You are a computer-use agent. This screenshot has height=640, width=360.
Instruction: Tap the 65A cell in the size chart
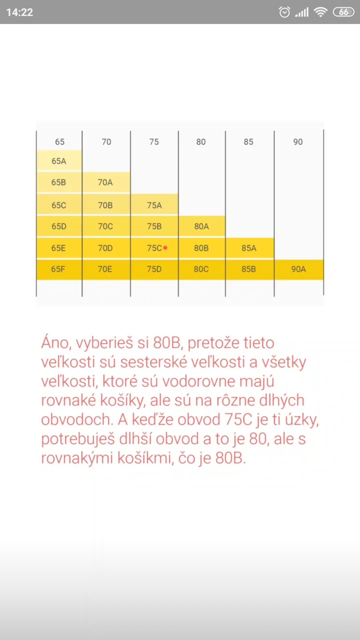click(59, 161)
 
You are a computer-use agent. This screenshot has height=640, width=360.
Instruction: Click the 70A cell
click(106, 182)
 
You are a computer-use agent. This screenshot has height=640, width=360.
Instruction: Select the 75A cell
click(154, 205)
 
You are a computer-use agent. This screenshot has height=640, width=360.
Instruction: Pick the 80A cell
click(202, 226)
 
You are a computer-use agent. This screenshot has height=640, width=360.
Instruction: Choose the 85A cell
click(249, 248)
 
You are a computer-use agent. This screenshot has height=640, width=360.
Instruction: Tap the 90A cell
click(298, 269)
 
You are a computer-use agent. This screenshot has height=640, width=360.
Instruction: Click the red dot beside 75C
click(165, 248)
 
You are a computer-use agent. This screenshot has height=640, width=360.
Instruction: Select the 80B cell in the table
click(201, 248)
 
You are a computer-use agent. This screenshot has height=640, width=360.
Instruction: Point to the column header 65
click(60, 142)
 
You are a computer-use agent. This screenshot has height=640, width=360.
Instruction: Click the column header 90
click(298, 142)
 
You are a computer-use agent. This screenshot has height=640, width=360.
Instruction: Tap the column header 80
click(201, 142)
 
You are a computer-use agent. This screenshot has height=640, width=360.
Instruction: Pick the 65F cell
click(58, 269)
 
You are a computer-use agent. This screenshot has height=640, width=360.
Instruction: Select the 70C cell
click(106, 226)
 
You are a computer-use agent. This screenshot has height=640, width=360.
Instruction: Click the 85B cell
click(249, 269)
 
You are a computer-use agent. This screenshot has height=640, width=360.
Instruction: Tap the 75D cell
click(154, 269)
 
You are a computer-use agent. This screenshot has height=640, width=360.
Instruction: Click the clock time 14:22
click(20, 12)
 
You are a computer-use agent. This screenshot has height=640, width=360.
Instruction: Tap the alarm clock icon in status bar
click(284, 12)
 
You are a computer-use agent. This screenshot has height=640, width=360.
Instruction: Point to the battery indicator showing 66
click(344, 12)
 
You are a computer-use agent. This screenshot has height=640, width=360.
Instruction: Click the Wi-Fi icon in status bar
click(320, 12)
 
